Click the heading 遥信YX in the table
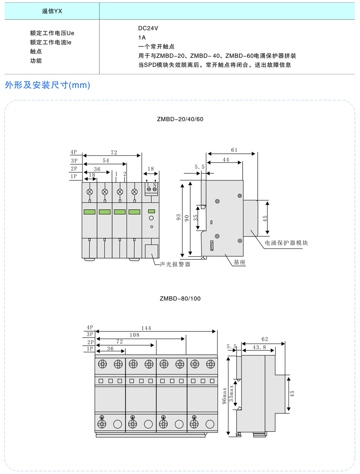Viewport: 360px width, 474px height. (x=52, y=11)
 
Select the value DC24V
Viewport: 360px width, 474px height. (x=148, y=28)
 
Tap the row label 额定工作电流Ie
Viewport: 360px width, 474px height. (x=51, y=43)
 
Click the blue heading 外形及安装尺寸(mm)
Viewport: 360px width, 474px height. (x=47, y=85)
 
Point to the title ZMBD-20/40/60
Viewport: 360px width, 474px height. (x=180, y=119)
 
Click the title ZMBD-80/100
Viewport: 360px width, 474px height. (x=180, y=299)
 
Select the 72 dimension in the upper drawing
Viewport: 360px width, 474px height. (x=114, y=152)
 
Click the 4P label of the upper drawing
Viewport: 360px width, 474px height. (x=74, y=152)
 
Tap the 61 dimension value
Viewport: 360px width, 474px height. (x=234, y=150)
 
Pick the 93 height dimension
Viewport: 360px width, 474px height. (x=178, y=217)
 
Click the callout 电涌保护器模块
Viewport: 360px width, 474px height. (x=286, y=243)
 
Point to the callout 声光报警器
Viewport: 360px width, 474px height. (x=175, y=264)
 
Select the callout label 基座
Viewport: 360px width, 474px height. (x=239, y=262)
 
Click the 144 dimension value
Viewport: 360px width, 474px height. (x=146, y=328)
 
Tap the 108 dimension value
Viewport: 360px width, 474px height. (x=135, y=335)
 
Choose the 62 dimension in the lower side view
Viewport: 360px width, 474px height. (x=265, y=339)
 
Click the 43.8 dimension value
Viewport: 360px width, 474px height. (x=259, y=347)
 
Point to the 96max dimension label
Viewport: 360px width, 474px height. (x=224, y=396)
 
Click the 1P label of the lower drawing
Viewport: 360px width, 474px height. (x=90, y=349)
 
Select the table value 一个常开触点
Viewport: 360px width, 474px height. (x=157, y=47)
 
